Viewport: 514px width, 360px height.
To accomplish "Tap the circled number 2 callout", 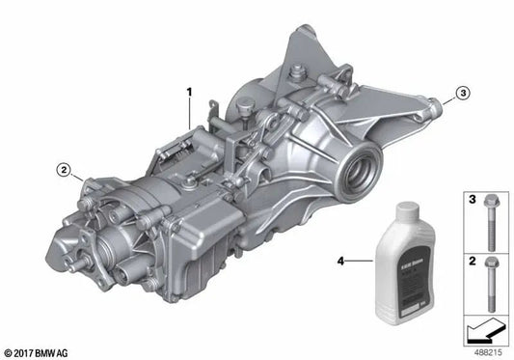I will [x=64, y=172].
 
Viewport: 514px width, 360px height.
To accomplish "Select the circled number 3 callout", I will [x=462, y=93].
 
